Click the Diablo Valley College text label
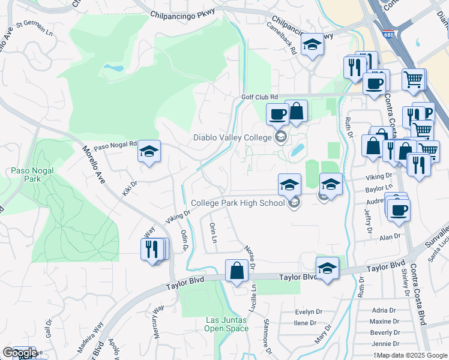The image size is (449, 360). [232, 137]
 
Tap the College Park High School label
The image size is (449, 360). [238, 203]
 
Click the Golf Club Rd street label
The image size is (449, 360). [259, 97]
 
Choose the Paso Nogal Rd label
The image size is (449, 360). [115, 145]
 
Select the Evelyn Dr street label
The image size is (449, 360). [310, 312]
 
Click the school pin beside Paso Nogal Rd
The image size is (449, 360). [149, 152]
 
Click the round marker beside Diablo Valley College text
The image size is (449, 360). [280, 138]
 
